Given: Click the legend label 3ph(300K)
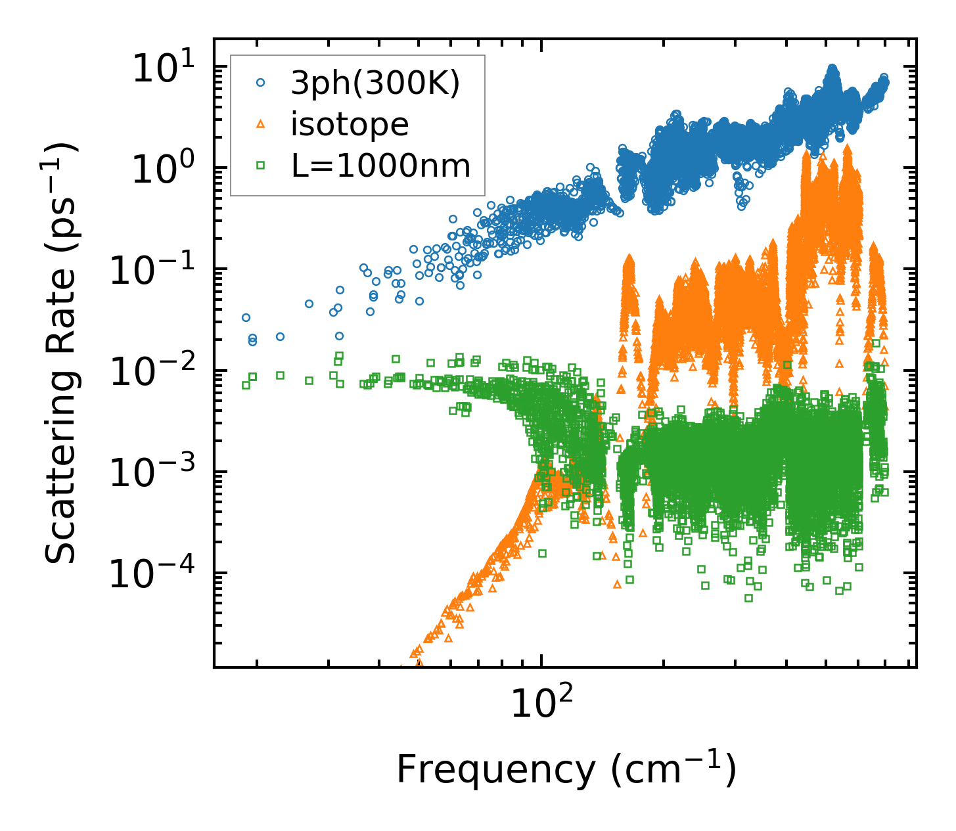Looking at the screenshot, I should [375, 83].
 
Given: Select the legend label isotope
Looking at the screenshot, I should [350, 125].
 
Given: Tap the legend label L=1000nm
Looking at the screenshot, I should [381, 166].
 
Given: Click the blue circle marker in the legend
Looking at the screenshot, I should [261, 83].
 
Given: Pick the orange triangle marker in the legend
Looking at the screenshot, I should [261, 124].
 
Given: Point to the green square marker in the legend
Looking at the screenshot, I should [261, 166].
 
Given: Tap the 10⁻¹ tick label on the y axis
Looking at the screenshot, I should [154, 271].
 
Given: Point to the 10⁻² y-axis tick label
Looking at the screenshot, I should [154, 372].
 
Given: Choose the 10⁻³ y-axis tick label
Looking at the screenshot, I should [154, 473].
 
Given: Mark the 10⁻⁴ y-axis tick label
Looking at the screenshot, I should [154, 575].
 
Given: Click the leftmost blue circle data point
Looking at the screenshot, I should [246, 318].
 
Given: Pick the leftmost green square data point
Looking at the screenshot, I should [246, 385].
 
